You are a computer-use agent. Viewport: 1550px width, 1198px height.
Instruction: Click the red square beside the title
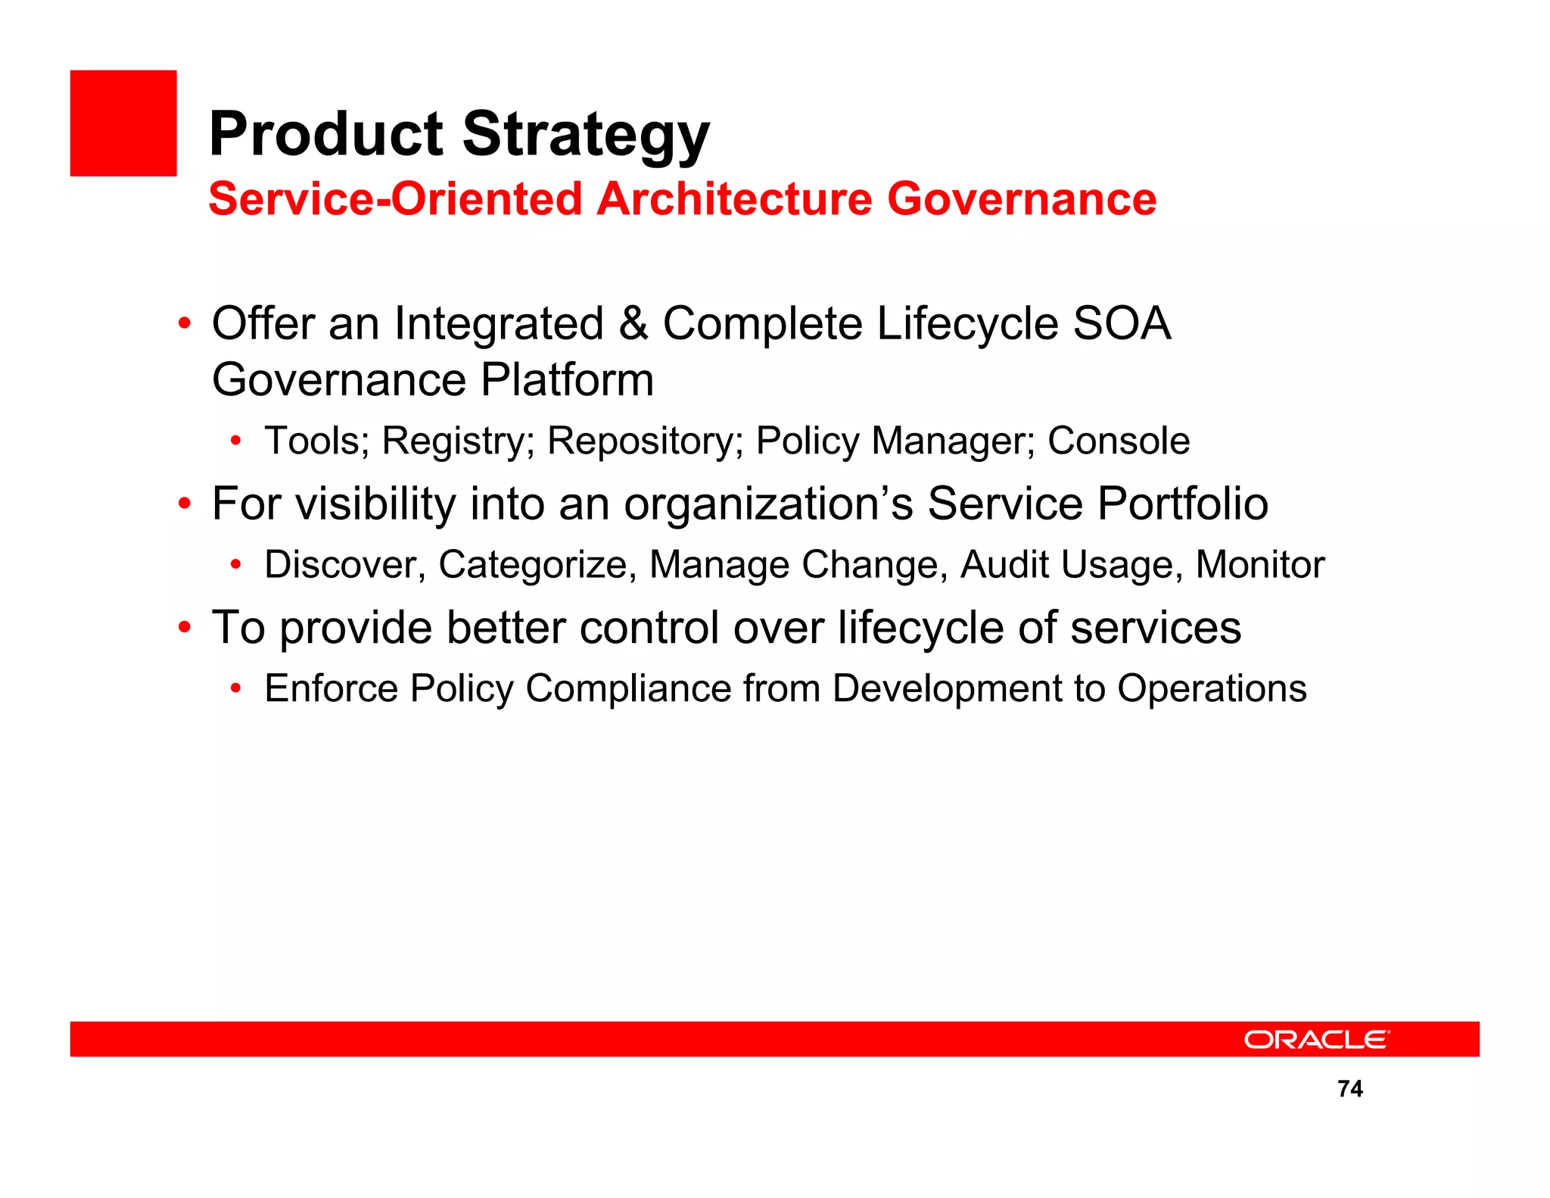click(123, 123)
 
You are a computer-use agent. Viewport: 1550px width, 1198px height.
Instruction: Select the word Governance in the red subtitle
click(1021, 199)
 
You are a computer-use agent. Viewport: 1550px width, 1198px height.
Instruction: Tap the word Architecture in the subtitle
click(734, 199)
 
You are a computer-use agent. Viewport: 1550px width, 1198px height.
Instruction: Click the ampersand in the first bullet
click(633, 324)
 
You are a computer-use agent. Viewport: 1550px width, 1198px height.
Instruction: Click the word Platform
click(567, 380)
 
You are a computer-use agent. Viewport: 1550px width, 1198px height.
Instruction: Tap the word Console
click(1118, 441)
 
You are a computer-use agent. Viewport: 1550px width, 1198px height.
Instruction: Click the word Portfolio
click(1182, 504)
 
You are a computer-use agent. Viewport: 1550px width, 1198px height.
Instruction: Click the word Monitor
click(1259, 565)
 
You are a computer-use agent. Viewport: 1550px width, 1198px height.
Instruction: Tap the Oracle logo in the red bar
click(1316, 1040)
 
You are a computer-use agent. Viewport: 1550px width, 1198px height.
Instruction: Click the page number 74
click(1350, 1089)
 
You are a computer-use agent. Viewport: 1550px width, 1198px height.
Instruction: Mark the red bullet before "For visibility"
click(184, 504)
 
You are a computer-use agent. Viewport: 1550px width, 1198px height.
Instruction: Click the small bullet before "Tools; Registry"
click(236, 441)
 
